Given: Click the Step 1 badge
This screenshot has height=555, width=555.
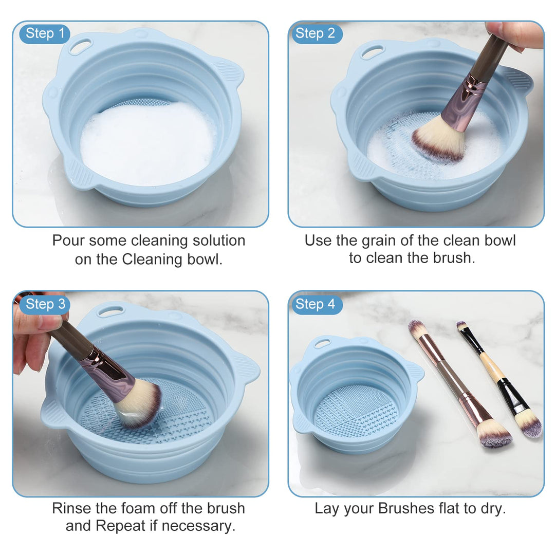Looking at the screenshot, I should pyautogui.click(x=45, y=34).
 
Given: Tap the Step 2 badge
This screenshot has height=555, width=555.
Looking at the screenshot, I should pyautogui.click(x=315, y=34).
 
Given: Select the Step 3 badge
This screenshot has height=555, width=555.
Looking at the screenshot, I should pyautogui.click(x=45, y=304).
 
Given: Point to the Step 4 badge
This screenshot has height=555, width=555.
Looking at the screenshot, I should pyautogui.click(x=315, y=304).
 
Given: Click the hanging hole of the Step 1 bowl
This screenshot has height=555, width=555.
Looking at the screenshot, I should pyautogui.click(x=80, y=47).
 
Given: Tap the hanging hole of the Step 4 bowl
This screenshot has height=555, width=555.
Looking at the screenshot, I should pyautogui.click(x=322, y=343).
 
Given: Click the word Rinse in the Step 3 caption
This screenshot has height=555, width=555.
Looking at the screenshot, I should pyautogui.click(x=71, y=509).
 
